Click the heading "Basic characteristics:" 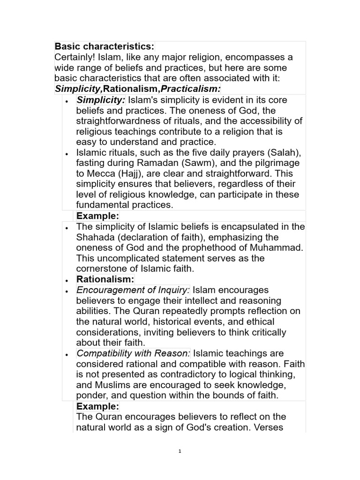coord(104,46)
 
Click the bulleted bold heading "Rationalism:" coord(105,279)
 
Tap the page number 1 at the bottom coord(180,452)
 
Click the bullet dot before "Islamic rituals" coord(67,154)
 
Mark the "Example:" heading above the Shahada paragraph coord(97,216)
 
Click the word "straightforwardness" coord(125,121)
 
